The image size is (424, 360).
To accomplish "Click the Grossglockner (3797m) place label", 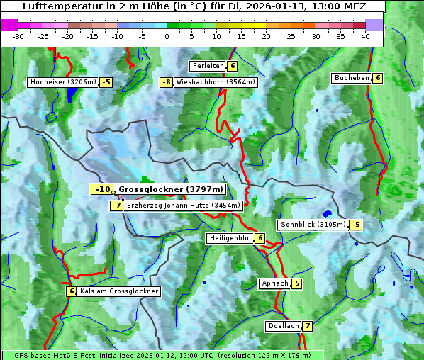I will pyautogui.click(x=171, y=189).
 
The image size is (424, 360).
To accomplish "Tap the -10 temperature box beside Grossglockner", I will pyautogui.click(x=102, y=189).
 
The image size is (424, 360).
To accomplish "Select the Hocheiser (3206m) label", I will pyautogui.click(x=62, y=82).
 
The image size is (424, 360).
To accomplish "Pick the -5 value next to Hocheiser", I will pyautogui.click(x=106, y=82).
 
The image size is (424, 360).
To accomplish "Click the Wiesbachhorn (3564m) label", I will pyautogui.click(x=216, y=82).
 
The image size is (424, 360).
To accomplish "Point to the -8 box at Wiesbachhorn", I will pyautogui.click(x=167, y=82).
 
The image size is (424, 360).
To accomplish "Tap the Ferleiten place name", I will pyautogui.click(x=208, y=66).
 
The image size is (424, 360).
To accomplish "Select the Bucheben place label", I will pyautogui.click(x=352, y=78).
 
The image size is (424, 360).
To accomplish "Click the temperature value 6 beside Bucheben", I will pyautogui.click(x=378, y=78).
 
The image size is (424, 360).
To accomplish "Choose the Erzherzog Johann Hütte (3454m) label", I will pyautogui.click(x=184, y=206).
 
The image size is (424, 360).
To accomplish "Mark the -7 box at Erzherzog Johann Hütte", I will pyautogui.click(x=117, y=206).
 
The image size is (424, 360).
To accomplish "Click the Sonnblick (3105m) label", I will pyautogui.click(x=313, y=225).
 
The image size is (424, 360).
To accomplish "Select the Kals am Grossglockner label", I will pyautogui.click(x=118, y=291).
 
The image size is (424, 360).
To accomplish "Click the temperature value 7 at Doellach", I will pyautogui.click(x=306, y=327).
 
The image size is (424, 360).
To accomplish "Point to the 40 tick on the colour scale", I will pyautogui.click(x=365, y=36).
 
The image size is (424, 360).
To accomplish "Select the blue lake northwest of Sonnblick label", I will pyautogui.click(x=327, y=213).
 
